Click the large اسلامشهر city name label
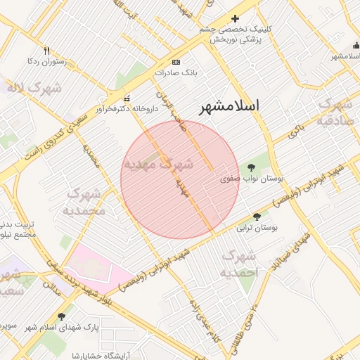pos(229,106)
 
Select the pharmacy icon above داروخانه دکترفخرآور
pos(127,98)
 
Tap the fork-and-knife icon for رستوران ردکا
pos(47,51)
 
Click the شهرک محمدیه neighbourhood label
pos(84,201)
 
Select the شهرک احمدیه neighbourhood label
pos(240,264)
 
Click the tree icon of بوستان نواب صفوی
pos(251,167)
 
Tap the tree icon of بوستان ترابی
pos(257,217)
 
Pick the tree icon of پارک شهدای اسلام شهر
pos(62,316)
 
